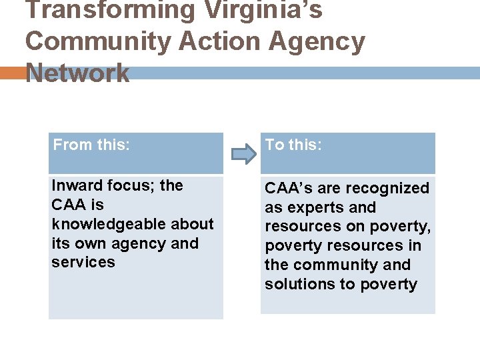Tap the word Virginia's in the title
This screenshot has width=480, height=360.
click(263, 11)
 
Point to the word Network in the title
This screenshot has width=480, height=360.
click(77, 73)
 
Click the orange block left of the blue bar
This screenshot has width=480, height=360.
click(12, 73)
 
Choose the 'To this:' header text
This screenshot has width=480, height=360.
click(293, 145)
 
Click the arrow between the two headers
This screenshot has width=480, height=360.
click(243, 155)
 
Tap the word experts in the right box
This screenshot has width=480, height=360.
click(312, 207)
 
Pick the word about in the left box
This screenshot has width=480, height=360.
click(192, 224)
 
